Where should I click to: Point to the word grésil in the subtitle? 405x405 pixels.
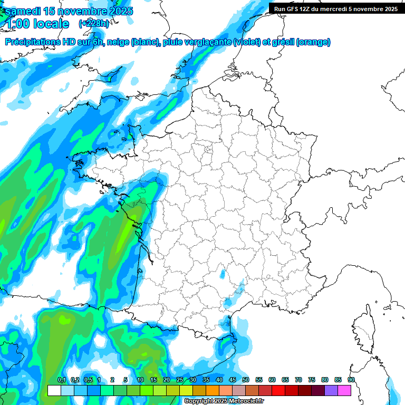click(282, 42)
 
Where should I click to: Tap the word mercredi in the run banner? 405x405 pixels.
click(332, 9)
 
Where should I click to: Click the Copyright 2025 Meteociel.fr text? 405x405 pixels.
click(223, 401)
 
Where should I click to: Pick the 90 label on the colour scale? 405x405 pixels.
click(351, 380)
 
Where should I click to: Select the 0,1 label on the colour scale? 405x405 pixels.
click(61, 380)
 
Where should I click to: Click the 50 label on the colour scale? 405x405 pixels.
click(246, 380)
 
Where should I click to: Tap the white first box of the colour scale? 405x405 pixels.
click(54, 390)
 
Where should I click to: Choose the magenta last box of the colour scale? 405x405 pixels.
click(344, 390)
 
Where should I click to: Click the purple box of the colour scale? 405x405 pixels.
click(331, 390)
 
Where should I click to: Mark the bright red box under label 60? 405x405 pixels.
click(278, 390)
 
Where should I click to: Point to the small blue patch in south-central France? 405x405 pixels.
click(222, 274)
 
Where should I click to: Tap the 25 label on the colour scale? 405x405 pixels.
click(180, 380)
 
